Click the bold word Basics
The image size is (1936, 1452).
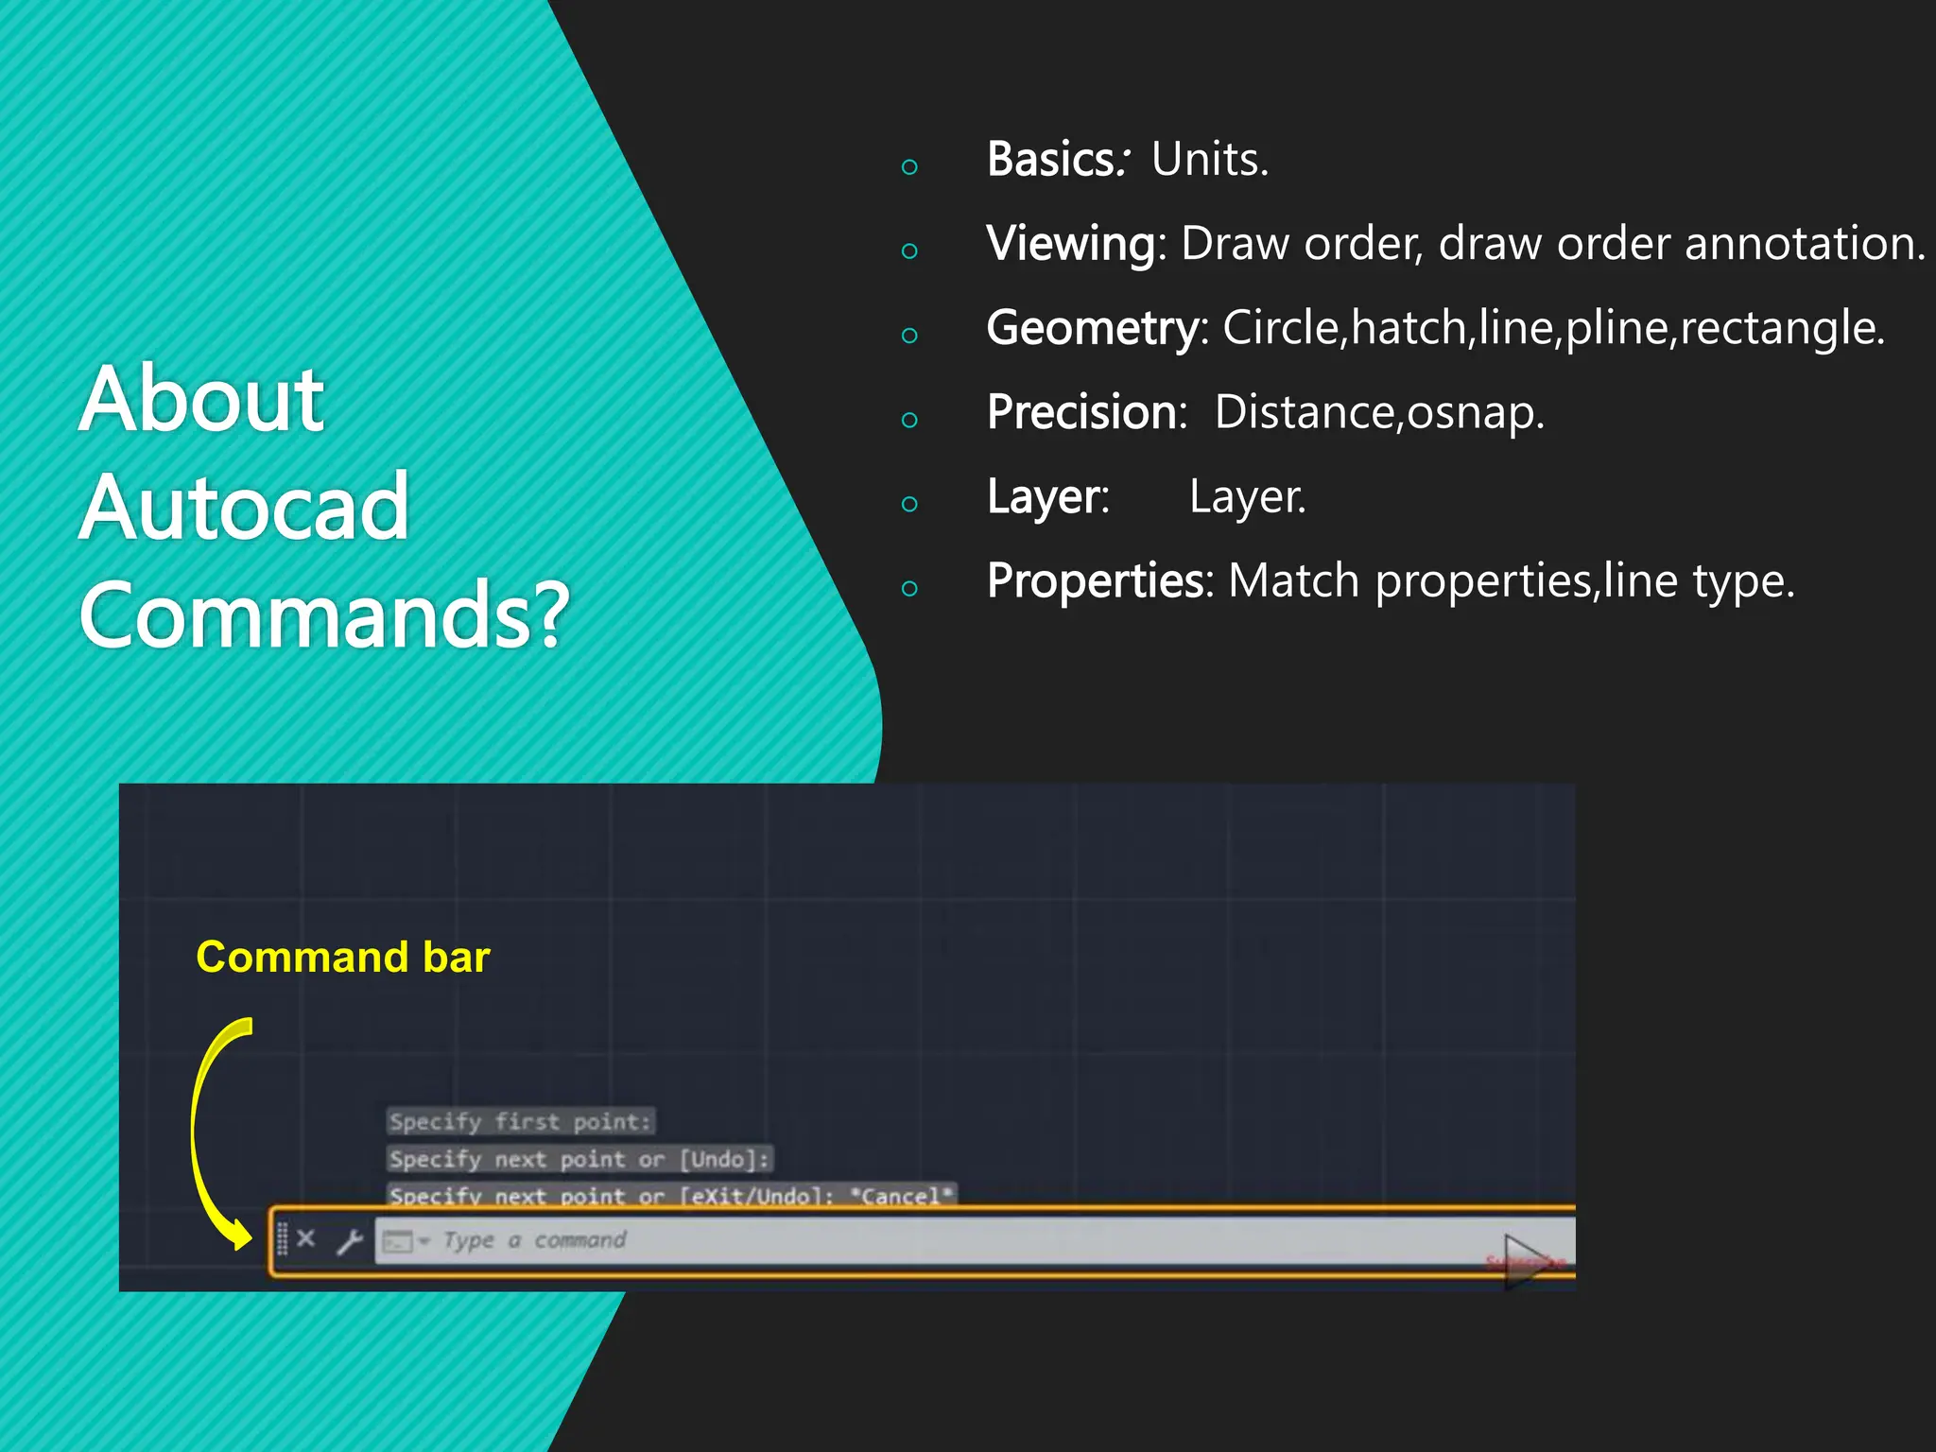pos(1051,159)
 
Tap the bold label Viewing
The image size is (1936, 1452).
pos(1070,244)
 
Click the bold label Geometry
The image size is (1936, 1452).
pos(1093,328)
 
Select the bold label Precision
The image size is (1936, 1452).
pos(1083,412)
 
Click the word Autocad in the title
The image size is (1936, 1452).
pos(244,508)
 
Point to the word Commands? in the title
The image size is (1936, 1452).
pos(324,615)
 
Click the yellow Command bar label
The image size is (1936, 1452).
pos(342,957)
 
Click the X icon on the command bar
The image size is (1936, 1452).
pos(305,1238)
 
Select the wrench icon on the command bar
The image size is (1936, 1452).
pos(350,1240)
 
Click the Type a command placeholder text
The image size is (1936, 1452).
pos(534,1239)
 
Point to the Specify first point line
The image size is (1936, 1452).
pos(520,1122)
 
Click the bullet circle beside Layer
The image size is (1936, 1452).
pos(909,504)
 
